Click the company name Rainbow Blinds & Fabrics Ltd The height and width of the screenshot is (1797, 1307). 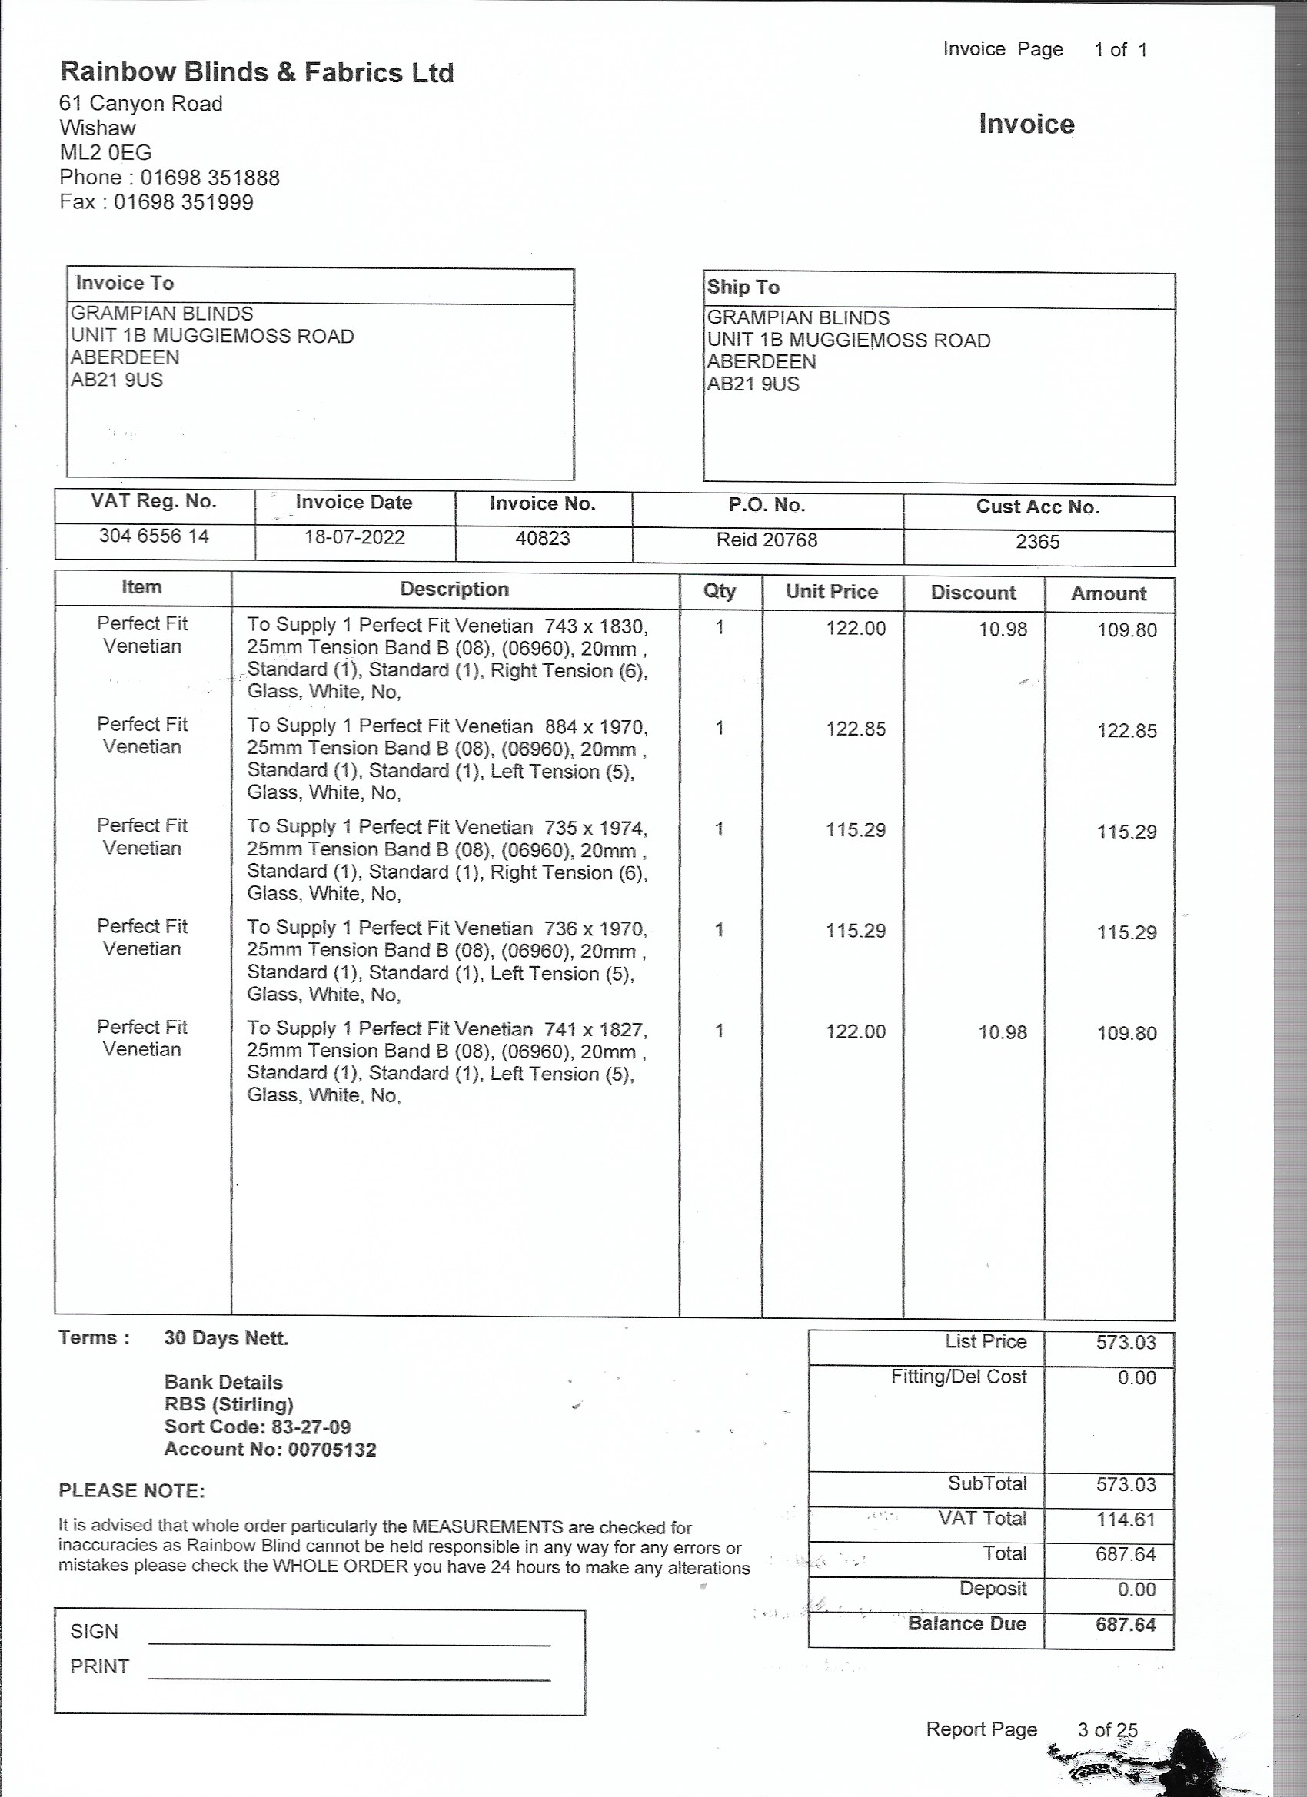257,73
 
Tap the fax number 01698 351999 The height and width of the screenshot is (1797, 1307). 183,203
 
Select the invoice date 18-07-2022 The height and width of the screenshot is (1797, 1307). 354,538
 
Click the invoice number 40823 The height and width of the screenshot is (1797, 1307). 543,539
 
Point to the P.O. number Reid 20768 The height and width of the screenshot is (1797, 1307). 767,540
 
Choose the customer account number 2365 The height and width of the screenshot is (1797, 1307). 1037,542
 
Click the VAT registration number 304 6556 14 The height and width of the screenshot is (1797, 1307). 154,536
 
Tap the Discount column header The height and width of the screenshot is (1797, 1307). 973,593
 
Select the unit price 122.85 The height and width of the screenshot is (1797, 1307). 856,729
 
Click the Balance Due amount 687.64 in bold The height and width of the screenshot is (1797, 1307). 1126,1625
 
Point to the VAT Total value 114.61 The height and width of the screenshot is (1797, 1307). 1126,1519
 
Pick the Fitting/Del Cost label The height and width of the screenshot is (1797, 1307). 958,1377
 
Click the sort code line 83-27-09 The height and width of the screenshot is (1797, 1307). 258,1427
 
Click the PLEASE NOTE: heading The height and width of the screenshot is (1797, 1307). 131,1490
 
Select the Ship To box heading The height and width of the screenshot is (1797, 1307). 743,287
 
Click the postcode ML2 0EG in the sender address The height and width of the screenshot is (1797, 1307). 105,153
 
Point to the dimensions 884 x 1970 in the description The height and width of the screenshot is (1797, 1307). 595,727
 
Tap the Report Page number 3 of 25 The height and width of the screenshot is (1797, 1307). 1107,1730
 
